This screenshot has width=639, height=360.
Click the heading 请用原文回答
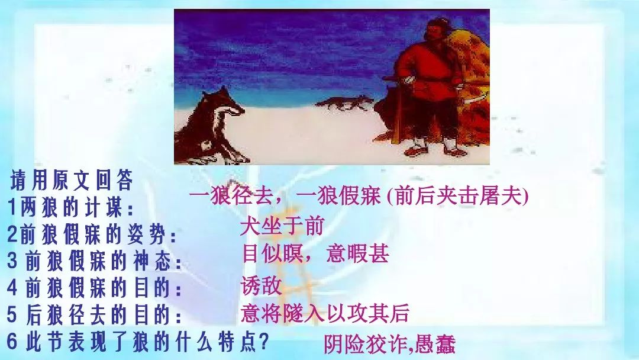coord(72,180)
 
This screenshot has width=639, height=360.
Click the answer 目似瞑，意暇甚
coord(315,253)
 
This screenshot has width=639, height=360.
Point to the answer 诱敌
coord(262,285)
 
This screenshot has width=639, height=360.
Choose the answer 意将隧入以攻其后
coord(325,313)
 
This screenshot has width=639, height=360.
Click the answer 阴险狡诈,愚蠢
coord(389,345)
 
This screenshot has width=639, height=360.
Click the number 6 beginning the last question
coord(12,341)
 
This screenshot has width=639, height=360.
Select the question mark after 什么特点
coord(264,342)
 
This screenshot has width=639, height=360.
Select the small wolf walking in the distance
coord(345,103)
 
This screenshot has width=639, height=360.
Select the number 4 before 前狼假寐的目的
coord(12,287)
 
